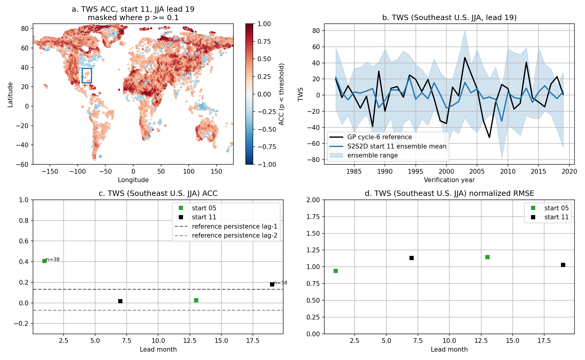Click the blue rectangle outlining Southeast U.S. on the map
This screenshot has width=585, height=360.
pos(82,76)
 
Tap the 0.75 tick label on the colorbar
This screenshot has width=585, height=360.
pos(264,41)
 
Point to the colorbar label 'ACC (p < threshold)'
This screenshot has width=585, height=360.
pos(281,94)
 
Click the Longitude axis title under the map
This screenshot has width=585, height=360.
pos(133,180)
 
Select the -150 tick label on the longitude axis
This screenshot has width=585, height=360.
pos(50,172)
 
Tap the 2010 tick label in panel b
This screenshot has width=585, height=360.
pos(508,172)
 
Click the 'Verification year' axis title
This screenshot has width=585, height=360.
pos(449,180)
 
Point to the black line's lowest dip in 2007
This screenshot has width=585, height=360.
pos(489,137)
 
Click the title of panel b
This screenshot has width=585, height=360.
pos(449,18)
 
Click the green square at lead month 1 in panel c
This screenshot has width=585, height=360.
pos(44,261)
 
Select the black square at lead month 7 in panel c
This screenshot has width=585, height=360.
pos(120,301)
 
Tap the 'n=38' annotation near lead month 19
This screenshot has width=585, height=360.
pos(280,283)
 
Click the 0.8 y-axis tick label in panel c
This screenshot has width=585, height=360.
pos(24,220)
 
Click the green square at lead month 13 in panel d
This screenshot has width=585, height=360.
pos(487,257)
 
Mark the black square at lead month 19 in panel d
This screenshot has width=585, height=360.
pos(563,265)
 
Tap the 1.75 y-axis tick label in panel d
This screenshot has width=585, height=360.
pos(313,217)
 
